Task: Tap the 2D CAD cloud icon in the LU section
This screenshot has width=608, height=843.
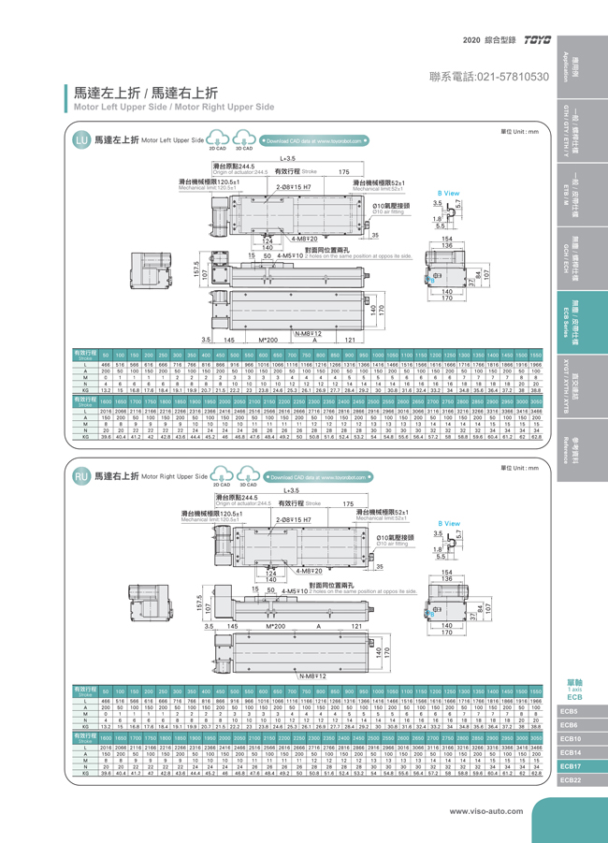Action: click(218, 140)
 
